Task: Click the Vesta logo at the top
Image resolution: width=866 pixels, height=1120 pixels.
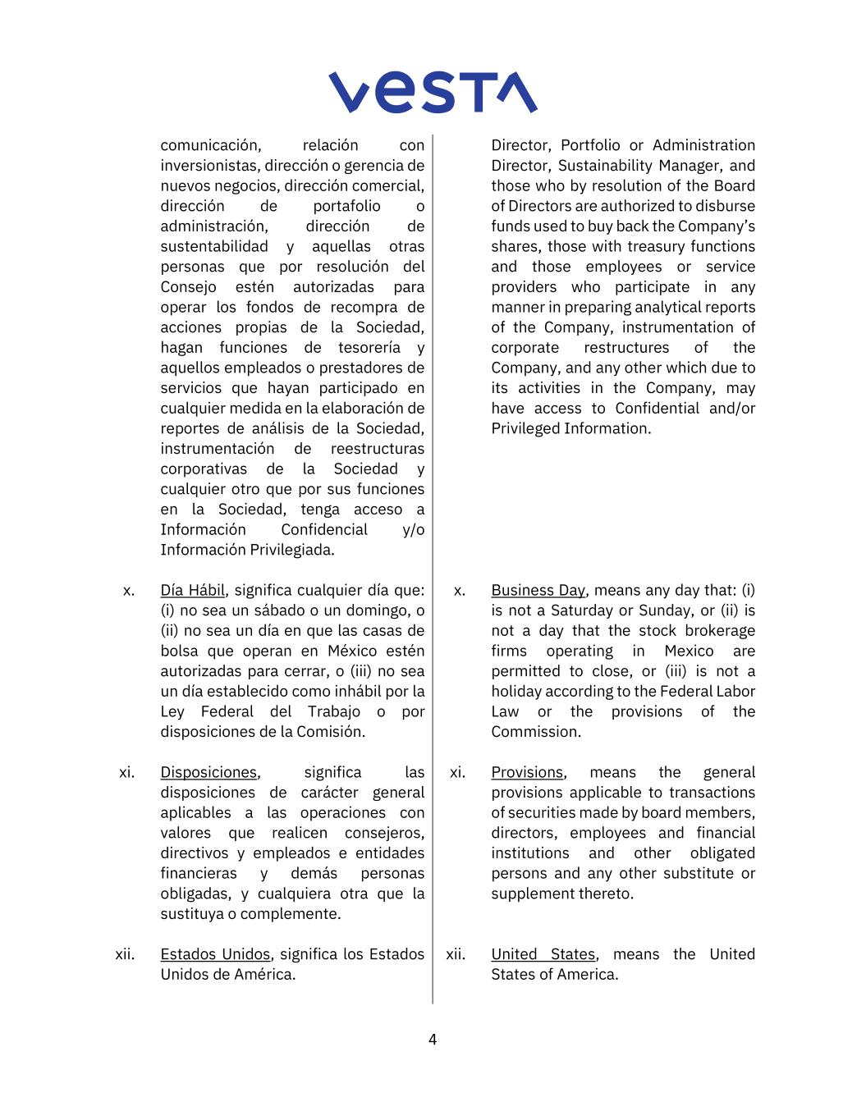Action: pyautogui.click(x=433, y=92)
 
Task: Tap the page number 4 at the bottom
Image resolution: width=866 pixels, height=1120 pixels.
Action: pyautogui.click(x=433, y=1040)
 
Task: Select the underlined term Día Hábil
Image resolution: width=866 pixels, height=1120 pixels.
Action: pyautogui.click(x=192, y=590)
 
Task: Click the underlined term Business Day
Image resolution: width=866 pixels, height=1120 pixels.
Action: pyautogui.click(x=538, y=590)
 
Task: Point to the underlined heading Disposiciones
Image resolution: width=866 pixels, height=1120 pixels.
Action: pyautogui.click(x=208, y=772)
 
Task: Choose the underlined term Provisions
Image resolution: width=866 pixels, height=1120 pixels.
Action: pyautogui.click(x=527, y=772)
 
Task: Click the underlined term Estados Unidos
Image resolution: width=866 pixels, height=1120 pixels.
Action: pyautogui.click(x=215, y=954)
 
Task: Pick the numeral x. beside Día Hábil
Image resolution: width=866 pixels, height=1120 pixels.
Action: pyautogui.click(x=129, y=591)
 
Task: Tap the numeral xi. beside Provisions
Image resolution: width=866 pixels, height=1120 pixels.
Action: pyautogui.click(x=457, y=773)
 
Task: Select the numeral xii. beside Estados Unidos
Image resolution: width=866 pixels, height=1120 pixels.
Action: pyautogui.click(x=125, y=955)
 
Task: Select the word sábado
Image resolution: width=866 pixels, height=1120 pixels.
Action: pyautogui.click(x=353, y=610)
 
